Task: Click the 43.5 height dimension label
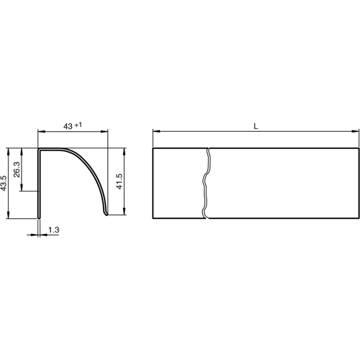5,184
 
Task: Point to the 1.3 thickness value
53,230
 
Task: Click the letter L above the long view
256,125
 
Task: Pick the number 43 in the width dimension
68,126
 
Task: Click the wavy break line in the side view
207,184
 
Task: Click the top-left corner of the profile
39,150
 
